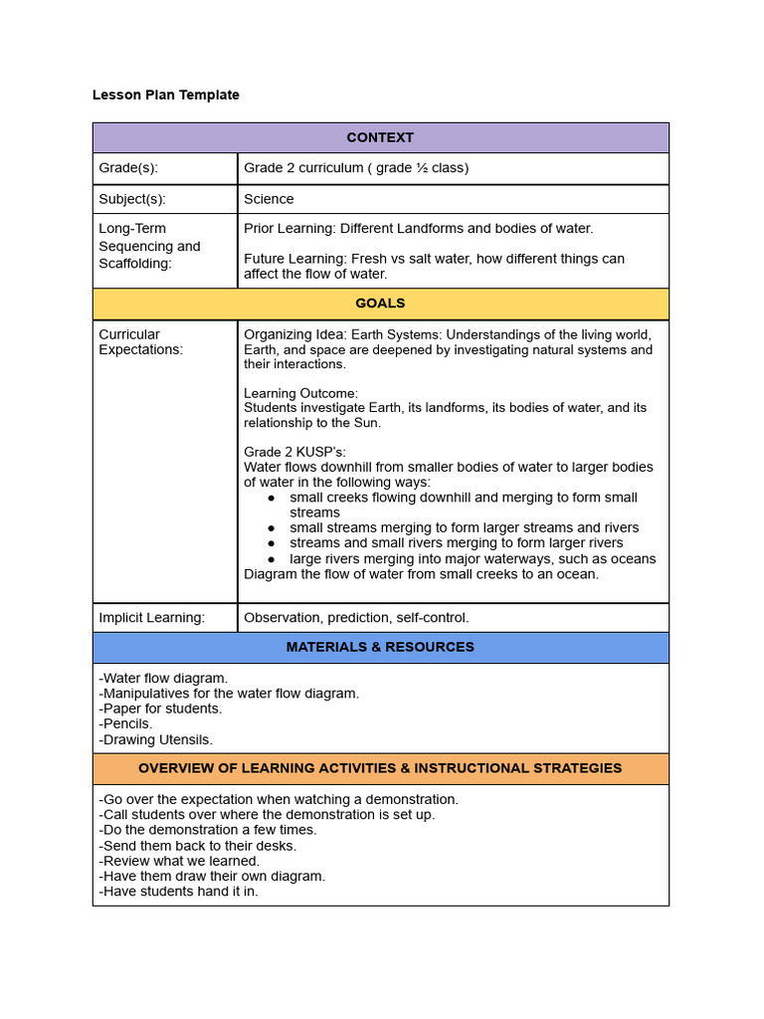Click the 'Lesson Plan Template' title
[x=165, y=95]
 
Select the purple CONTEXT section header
[x=380, y=137]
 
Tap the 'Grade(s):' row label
[x=128, y=168]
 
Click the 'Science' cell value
[x=269, y=199]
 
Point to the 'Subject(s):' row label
[x=132, y=199]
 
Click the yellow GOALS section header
[x=380, y=304]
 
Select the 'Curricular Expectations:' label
[x=140, y=341]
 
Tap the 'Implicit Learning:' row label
[x=151, y=617]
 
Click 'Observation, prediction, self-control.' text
[x=356, y=617]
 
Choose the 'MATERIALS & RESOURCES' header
[x=380, y=647]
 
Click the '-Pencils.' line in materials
[x=125, y=723]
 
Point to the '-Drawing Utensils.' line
[x=155, y=739]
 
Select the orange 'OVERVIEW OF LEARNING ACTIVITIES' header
[x=380, y=768]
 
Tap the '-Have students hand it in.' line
[x=178, y=892]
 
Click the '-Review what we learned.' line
[x=179, y=861]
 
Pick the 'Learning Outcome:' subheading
[x=300, y=393]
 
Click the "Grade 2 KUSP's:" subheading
[x=294, y=452]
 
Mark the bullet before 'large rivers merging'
[x=271, y=559]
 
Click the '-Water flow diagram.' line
[x=163, y=678]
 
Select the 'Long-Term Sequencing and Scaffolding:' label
[x=149, y=246]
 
